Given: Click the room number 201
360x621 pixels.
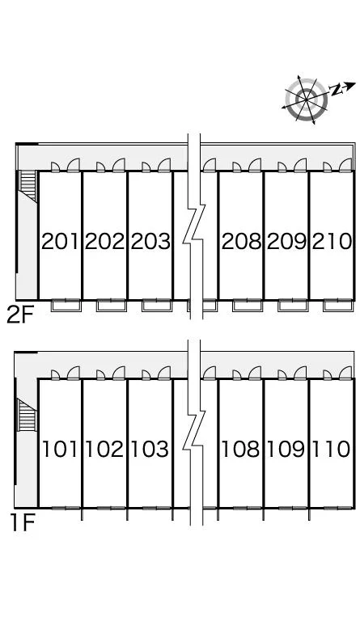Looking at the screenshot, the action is pyautogui.click(x=60, y=241).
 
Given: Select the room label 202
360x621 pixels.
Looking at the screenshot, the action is pyautogui.click(x=105, y=241).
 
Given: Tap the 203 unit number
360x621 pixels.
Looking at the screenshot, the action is pyautogui.click(x=150, y=241).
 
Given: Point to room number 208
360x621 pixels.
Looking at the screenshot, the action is pyautogui.click(x=241, y=241).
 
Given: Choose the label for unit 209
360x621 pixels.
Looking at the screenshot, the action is pyautogui.click(x=286, y=241).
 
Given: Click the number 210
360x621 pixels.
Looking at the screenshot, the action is pyautogui.click(x=332, y=241).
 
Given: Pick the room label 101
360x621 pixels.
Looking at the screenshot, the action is pyautogui.click(x=59, y=449).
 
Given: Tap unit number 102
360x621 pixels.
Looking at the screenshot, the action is pyautogui.click(x=104, y=449).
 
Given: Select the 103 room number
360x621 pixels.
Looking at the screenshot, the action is pyautogui.click(x=150, y=449).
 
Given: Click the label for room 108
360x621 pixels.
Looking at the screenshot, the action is pyautogui.click(x=240, y=449).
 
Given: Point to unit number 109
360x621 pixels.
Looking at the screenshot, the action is pyautogui.click(x=286, y=449).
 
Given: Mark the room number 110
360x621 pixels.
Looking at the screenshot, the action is pyautogui.click(x=331, y=449).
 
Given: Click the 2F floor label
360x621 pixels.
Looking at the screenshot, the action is pyautogui.click(x=19, y=315).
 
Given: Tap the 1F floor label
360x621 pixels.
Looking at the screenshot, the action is pyautogui.click(x=22, y=523).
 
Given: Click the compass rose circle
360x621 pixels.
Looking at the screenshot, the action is pyautogui.click(x=306, y=99).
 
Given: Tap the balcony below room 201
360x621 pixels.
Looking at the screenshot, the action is pyautogui.click(x=66, y=306).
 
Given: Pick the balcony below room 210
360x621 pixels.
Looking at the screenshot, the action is pyautogui.click(x=337, y=306).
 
